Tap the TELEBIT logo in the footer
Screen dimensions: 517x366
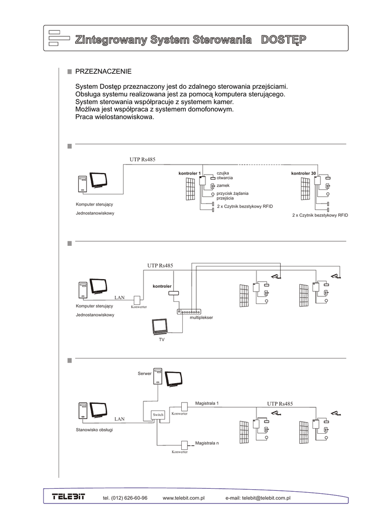pos(69,497)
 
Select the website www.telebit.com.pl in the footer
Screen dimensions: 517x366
pos(183,498)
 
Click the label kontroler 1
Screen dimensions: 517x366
pos(189,174)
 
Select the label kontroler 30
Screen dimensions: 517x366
pos(303,174)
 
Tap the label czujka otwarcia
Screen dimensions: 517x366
pos(225,176)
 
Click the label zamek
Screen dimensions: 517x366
pos(223,185)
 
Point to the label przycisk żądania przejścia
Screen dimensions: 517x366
pos(232,196)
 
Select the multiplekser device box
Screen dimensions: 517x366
pos(189,312)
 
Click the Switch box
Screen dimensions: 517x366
pos(158,415)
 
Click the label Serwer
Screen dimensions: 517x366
pos(144,374)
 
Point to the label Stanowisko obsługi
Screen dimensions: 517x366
pos(94,430)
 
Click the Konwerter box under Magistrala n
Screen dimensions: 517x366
pos(184,445)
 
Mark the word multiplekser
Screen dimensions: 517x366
pos(201,318)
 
